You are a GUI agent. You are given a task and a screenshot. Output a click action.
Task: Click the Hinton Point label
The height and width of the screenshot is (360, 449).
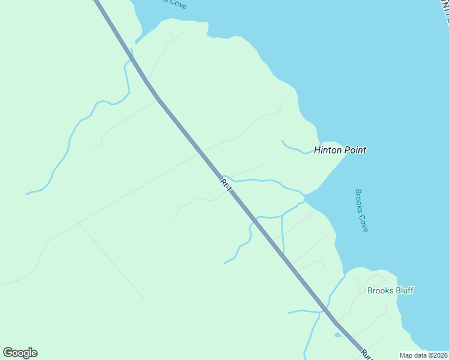click(x=340, y=150)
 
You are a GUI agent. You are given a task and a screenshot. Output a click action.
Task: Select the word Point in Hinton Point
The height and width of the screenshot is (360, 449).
click(x=355, y=150)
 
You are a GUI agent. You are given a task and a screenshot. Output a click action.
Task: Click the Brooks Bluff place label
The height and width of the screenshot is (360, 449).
click(x=390, y=290)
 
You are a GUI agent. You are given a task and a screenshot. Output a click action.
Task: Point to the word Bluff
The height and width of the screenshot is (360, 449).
click(x=404, y=290)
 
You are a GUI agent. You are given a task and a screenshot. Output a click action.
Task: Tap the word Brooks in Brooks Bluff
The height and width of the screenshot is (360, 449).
click(x=380, y=290)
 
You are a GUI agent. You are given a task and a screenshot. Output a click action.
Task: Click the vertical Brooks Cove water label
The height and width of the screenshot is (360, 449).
click(x=361, y=211)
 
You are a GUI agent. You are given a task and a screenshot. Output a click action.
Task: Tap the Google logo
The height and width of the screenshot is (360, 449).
click(x=20, y=353)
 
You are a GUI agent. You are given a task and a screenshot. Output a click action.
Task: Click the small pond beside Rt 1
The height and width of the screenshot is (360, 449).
click(x=339, y=335)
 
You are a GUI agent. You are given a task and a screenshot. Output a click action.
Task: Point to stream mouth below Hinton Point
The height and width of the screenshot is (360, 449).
click(x=306, y=196)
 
